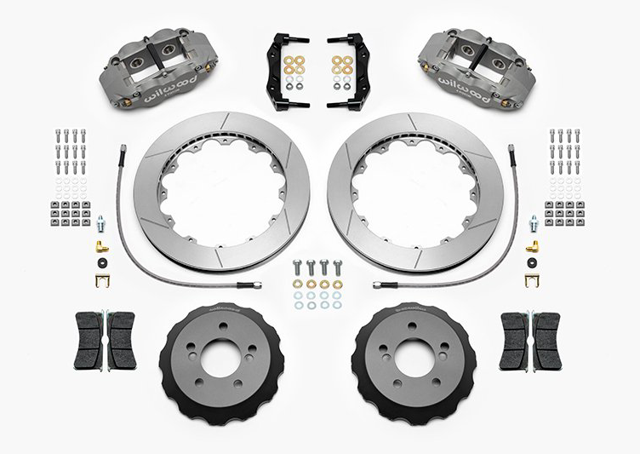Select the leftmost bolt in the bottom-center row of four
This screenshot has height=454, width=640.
[x=299, y=267]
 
